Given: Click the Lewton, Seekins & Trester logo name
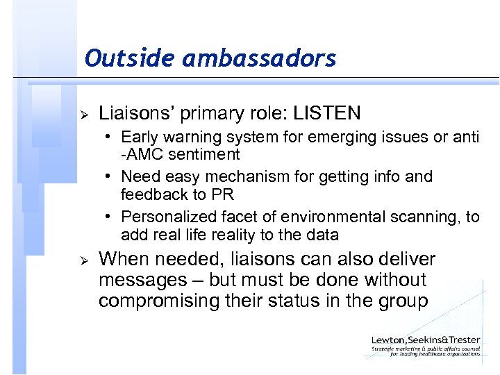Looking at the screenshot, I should (425, 340).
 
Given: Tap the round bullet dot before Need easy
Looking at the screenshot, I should (111, 177).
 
